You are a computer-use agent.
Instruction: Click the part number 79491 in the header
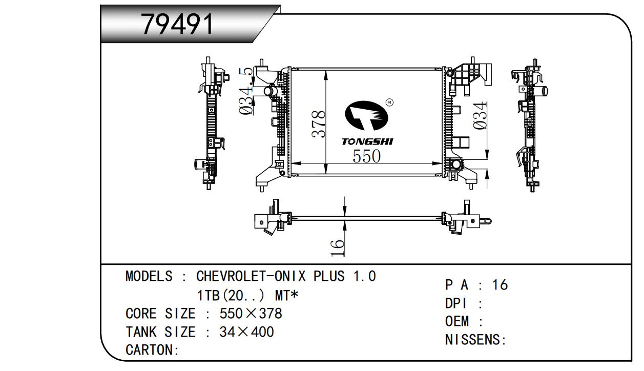click(177, 24)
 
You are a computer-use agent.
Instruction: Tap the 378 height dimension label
click(319, 124)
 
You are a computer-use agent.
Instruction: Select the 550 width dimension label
click(366, 156)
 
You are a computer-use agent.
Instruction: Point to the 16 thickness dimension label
click(337, 247)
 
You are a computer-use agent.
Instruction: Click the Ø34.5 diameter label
click(247, 91)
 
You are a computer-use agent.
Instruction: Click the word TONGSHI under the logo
click(367, 141)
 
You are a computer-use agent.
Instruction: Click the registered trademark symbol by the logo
click(389, 102)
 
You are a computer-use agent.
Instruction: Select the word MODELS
click(149, 277)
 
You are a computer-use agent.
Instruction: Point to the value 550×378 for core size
click(251, 314)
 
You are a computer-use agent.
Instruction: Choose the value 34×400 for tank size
click(246, 332)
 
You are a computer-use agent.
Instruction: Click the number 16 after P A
click(500, 285)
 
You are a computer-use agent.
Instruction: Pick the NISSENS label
click(474, 340)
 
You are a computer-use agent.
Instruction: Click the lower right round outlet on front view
click(454, 165)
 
